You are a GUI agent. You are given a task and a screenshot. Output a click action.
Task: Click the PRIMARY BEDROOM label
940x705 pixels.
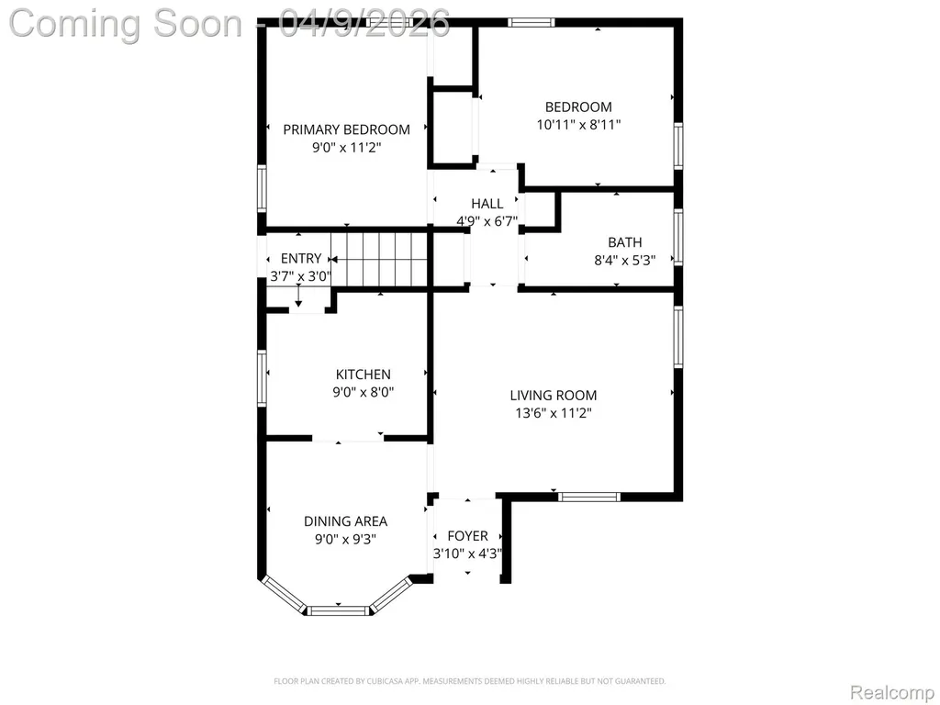click(346, 129)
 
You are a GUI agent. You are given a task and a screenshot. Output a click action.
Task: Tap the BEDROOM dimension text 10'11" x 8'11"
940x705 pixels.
click(578, 125)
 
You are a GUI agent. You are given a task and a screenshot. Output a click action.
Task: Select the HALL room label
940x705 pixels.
click(487, 203)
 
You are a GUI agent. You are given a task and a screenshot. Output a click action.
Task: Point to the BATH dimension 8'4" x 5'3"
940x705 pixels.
click(624, 260)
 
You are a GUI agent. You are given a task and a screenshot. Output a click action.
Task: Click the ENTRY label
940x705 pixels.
click(301, 258)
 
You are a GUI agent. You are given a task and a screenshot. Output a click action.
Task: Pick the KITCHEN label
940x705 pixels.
click(364, 375)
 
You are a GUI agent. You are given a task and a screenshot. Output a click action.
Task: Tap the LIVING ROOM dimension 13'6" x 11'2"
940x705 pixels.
click(554, 413)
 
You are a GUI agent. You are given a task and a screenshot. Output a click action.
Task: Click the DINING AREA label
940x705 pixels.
click(345, 521)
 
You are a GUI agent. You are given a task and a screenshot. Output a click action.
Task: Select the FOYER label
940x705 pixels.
click(467, 536)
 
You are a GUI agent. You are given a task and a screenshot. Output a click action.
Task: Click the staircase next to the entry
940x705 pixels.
click(379, 260)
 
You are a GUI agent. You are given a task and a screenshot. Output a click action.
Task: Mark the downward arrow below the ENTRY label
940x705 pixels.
click(298, 297)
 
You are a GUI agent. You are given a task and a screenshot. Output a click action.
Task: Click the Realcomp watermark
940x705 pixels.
click(892, 692)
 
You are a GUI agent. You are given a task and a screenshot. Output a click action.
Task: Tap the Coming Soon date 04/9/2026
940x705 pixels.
click(364, 23)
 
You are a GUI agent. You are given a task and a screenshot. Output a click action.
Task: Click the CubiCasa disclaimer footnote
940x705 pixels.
click(469, 682)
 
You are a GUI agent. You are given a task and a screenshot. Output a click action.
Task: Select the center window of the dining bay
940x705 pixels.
click(338, 610)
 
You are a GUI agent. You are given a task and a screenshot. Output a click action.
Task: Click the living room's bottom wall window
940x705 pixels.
click(588, 497)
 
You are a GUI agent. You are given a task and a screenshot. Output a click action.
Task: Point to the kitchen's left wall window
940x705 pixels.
click(262, 378)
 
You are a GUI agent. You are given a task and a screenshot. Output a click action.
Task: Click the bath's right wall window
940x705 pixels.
click(678, 237)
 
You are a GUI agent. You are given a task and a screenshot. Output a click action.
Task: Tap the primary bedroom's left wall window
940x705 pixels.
click(262, 188)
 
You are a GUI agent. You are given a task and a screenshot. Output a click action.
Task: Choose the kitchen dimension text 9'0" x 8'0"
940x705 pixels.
click(364, 393)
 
